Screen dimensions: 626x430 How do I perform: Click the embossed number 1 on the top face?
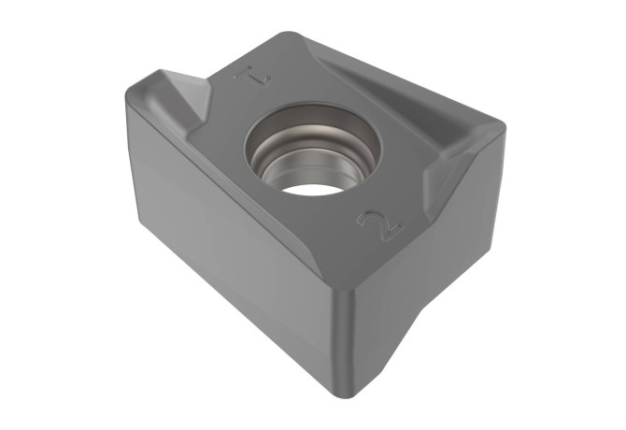tap(252, 77)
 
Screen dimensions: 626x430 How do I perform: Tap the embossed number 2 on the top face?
tap(380, 226)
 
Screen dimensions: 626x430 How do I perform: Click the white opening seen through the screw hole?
tap(314, 189)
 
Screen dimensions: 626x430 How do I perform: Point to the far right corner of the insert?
tap(504, 128)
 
